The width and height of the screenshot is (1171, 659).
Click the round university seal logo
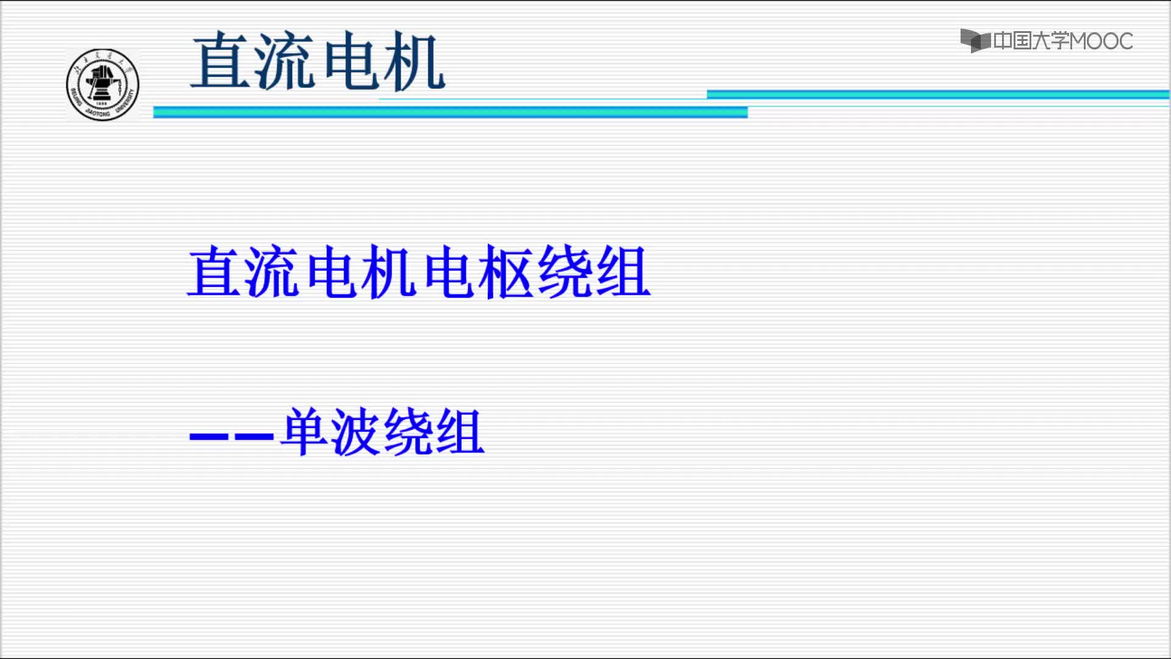pyautogui.click(x=102, y=85)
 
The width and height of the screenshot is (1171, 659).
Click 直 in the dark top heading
pyautogui.click(x=221, y=60)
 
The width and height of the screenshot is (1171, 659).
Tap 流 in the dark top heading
pyautogui.click(x=284, y=61)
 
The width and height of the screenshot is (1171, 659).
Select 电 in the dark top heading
pyautogui.click(x=349, y=60)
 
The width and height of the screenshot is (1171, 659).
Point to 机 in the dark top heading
pyautogui.click(x=414, y=61)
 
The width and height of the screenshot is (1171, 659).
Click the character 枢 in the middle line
pyautogui.click(x=505, y=272)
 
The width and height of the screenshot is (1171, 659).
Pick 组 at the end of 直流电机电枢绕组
pyautogui.click(x=623, y=272)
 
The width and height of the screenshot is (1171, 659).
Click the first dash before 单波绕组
pyautogui.click(x=209, y=437)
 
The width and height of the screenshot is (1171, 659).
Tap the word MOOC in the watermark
pyautogui.click(x=1101, y=41)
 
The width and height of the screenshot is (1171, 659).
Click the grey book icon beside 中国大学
pyautogui.click(x=976, y=41)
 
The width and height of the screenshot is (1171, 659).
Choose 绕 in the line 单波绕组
pyautogui.click(x=409, y=431)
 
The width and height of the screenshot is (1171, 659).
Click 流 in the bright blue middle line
pyautogui.click(x=272, y=272)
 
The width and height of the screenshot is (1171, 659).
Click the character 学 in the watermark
pyautogui.click(x=1060, y=41)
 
